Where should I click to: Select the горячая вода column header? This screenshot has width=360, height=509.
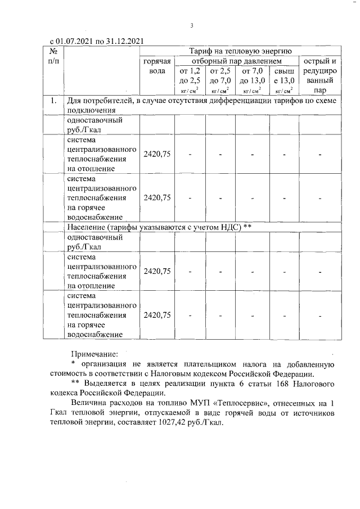pos(157,66)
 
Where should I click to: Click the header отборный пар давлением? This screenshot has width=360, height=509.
pos(236,61)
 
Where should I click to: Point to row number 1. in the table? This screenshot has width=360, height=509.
pos(53,101)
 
